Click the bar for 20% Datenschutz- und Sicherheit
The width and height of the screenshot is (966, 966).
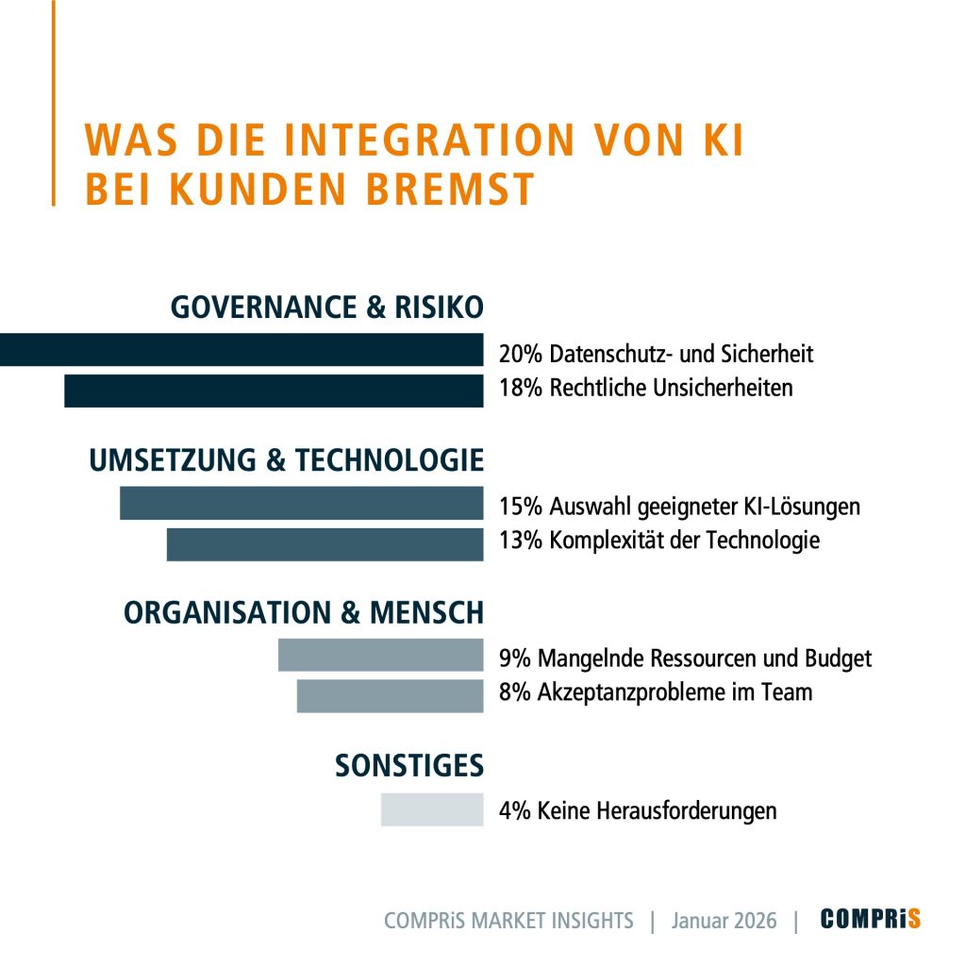click(x=241, y=350)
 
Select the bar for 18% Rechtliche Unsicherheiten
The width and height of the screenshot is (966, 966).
click(x=274, y=391)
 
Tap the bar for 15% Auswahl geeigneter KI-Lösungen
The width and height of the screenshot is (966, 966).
click(x=301, y=503)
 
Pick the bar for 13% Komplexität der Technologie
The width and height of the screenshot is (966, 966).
click(x=325, y=544)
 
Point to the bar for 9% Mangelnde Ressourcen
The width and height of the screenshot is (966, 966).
click(x=380, y=655)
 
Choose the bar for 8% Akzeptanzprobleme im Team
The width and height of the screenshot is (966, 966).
click(x=390, y=695)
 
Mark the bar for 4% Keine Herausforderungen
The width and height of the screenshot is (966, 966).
click(x=432, y=809)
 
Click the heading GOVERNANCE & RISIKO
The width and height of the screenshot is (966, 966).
click(x=326, y=308)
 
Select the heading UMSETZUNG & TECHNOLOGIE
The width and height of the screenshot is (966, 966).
click(x=286, y=460)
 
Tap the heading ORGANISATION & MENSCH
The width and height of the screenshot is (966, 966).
click(x=304, y=612)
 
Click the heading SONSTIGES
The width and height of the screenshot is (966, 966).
click(x=408, y=766)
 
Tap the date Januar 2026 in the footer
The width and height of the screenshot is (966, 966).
click(x=724, y=921)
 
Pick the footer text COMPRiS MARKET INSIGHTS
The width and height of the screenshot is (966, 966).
click(x=508, y=921)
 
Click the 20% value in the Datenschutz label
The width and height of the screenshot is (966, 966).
click(x=520, y=355)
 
